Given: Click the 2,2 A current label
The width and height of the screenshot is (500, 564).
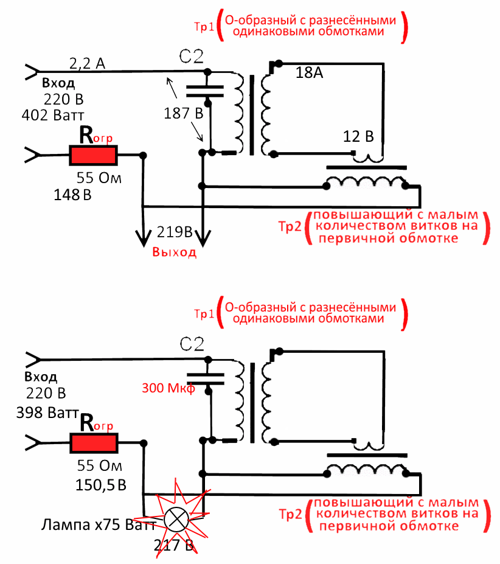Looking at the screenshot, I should tap(88, 63).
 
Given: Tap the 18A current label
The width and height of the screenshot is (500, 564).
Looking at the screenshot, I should tap(309, 74).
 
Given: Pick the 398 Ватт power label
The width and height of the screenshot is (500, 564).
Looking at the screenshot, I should tap(47, 413).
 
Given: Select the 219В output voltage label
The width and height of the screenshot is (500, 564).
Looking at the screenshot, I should tap(175, 232).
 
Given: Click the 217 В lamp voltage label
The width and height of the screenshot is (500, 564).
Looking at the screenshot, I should tap(174, 545).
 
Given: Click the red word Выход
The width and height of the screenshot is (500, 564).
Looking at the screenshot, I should tap(175, 253).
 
